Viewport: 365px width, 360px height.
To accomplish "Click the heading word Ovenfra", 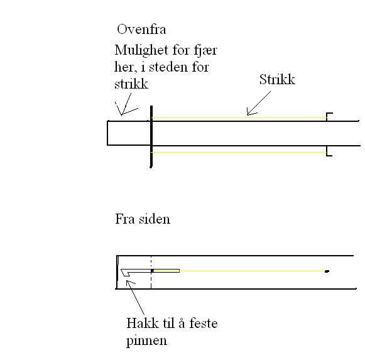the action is pyautogui.click(x=141, y=30).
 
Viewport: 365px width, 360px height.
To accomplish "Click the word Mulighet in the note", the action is pyautogui.click(x=141, y=51).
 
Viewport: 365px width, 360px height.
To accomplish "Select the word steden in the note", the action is pyautogui.click(x=168, y=67).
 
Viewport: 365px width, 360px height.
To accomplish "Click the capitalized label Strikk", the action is pyautogui.click(x=277, y=79).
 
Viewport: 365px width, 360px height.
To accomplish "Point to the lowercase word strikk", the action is pyautogui.click(x=131, y=84).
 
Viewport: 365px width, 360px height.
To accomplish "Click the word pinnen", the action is pyautogui.click(x=146, y=341).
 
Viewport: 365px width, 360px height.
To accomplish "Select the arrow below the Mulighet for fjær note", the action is pyautogui.click(x=126, y=104).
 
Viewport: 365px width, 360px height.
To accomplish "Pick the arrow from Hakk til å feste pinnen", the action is pyautogui.click(x=135, y=298).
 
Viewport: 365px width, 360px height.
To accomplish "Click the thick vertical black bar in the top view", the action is pyautogui.click(x=151, y=137).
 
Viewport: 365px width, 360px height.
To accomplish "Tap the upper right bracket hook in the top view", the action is pyautogui.click(x=329, y=116).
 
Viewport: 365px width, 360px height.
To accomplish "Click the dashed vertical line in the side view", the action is pyautogui.click(x=151, y=272).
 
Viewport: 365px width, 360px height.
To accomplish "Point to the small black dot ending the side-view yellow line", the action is pyautogui.click(x=327, y=271).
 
